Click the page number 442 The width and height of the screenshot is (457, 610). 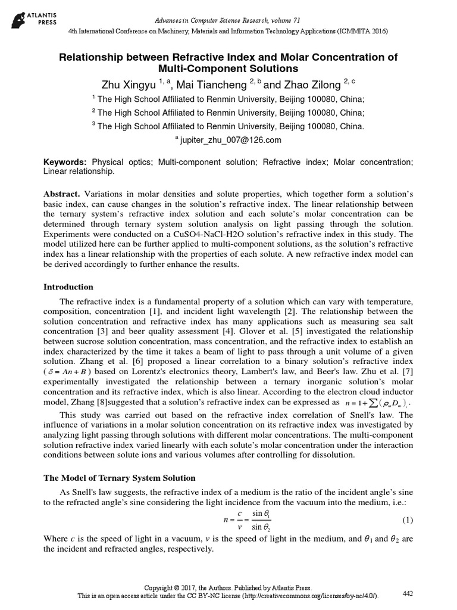[x=408, y=593]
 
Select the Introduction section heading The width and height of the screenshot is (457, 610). [x=68, y=287]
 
